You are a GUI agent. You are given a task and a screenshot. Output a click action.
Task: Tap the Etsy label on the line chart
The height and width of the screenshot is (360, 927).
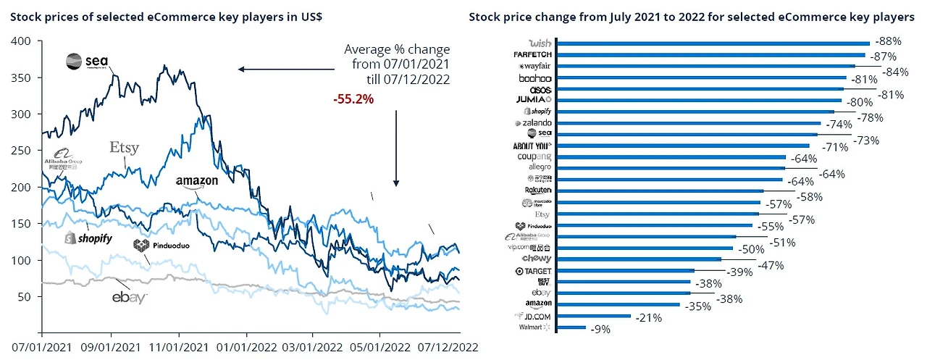124,148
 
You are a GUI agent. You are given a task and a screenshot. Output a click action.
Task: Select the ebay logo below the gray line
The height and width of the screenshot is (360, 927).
129,297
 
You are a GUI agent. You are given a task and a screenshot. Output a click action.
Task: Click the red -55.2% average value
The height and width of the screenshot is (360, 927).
353,99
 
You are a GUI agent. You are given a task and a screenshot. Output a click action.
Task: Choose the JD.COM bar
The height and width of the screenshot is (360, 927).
595,317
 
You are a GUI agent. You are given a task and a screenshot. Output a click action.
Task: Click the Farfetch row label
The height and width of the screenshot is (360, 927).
532,54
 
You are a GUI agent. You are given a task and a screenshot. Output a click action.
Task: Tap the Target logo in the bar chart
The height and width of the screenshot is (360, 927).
534,271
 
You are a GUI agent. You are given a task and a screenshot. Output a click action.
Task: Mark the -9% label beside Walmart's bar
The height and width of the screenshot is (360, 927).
600,329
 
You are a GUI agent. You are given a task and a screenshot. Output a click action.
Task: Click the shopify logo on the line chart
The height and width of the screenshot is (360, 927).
88,238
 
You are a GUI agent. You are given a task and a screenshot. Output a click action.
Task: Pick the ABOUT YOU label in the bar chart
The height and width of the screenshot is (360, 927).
532,146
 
